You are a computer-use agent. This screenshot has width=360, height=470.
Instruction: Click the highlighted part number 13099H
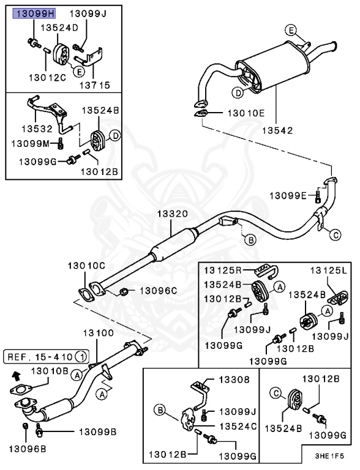pos(34,13)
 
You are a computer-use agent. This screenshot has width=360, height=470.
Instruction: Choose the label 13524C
pos(238,426)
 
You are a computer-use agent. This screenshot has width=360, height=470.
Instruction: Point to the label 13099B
pos(96,431)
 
